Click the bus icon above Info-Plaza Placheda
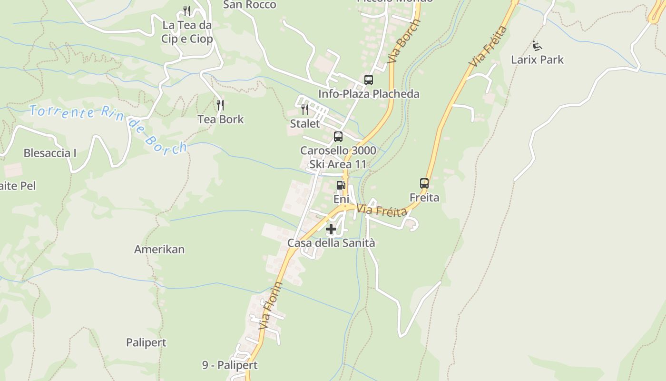pos(369,80)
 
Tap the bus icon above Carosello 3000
pos(338,137)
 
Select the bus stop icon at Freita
pos(424,183)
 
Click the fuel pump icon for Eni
pos(341,185)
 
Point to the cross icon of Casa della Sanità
pos(331,230)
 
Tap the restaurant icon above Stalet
pos(305,110)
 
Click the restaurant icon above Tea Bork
pos(220,105)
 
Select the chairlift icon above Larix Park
pos(537,46)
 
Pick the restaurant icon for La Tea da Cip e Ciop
pos(187,11)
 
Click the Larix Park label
pos(537,60)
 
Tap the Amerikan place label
pos(159,249)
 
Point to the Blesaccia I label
pos(50,153)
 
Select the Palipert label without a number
pos(146,342)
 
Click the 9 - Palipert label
pos(230,365)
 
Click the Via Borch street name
pos(404,41)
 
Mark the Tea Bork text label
pos(221,119)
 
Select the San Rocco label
pos(250,5)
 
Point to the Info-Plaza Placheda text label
pos(369,94)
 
